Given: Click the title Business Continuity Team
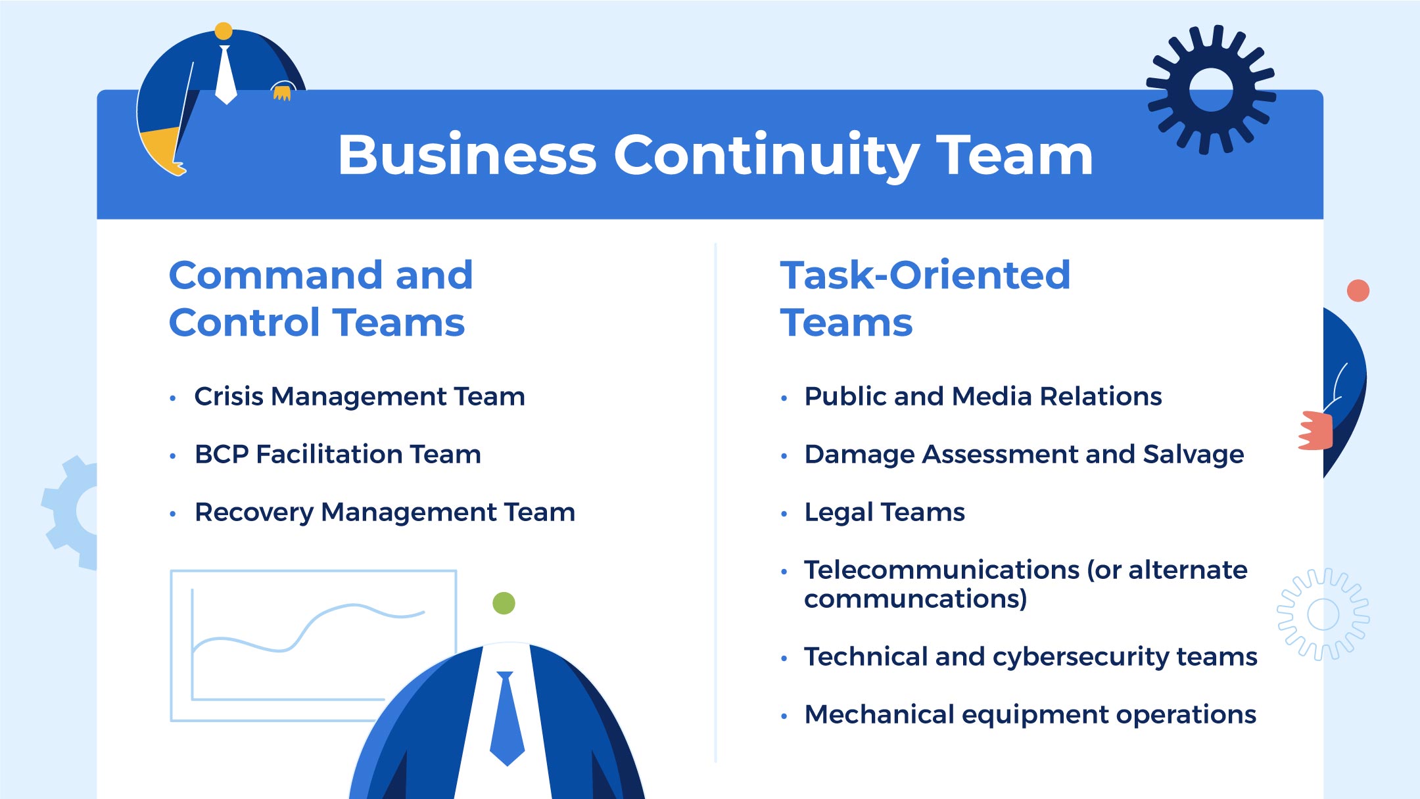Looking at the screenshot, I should click(x=715, y=155).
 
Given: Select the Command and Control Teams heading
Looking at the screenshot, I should click(x=320, y=298).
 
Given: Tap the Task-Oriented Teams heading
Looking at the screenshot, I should click(x=924, y=298).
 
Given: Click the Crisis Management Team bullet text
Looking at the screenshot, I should click(x=360, y=397).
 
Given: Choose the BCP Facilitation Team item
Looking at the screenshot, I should click(x=338, y=455).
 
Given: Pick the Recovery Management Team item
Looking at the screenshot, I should click(x=385, y=513).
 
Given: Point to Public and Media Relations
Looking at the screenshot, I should click(x=983, y=397).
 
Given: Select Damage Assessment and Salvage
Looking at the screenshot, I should click(x=1024, y=455).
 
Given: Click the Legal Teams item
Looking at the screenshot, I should click(x=884, y=513).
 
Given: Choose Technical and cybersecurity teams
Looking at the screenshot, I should click(x=1030, y=656).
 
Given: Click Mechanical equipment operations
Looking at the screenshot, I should click(x=1030, y=714).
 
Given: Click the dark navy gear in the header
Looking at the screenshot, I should click(x=1211, y=90).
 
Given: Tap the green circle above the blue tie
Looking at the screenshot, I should click(x=504, y=603).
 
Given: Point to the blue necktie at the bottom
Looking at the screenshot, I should click(x=507, y=719).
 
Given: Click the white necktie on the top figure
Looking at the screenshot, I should click(x=225, y=76).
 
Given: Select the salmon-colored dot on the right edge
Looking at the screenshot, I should click(x=1358, y=290).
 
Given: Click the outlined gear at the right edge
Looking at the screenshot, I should click(x=1323, y=614).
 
